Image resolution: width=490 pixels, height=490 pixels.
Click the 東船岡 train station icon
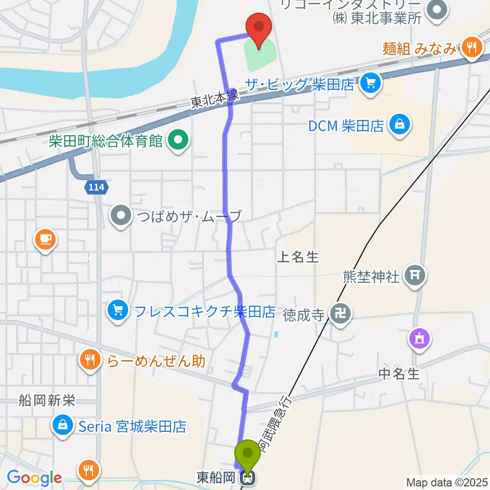pyautogui.click(x=249, y=478)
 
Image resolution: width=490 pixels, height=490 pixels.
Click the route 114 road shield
pyautogui.click(x=96, y=188)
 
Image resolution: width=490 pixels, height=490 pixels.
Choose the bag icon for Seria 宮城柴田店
pyautogui.click(x=62, y=426)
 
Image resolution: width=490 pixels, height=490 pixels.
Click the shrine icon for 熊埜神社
pyautogui.click(x=414, y=277)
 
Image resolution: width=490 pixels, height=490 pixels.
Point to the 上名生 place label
pyautogui.click(x=298, y=257)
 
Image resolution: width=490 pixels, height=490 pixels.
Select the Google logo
pyautogui.click(x=35, y=478)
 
